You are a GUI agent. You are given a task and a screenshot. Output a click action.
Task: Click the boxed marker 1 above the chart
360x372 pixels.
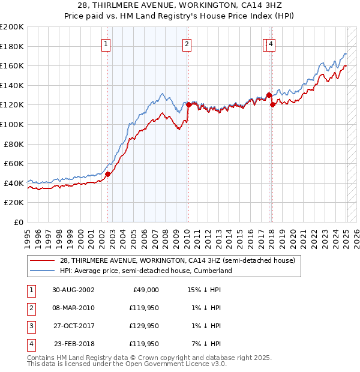pos(106,44)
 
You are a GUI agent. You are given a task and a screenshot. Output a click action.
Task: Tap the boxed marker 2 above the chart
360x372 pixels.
pos(187,44)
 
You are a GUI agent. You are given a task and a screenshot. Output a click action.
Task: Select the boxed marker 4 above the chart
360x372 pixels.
pos(271,44)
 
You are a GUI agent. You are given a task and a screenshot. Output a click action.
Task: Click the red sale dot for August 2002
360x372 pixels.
pos(108,174)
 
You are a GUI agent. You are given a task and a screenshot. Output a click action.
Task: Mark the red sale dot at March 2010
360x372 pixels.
pos(188,104)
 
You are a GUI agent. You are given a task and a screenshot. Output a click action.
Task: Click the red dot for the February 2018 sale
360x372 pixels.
pos(272,104)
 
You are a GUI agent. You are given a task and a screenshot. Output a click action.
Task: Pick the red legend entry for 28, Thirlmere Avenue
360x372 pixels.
pos(177,261)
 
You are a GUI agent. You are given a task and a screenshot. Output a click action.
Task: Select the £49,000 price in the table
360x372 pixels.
pos(145,290)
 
